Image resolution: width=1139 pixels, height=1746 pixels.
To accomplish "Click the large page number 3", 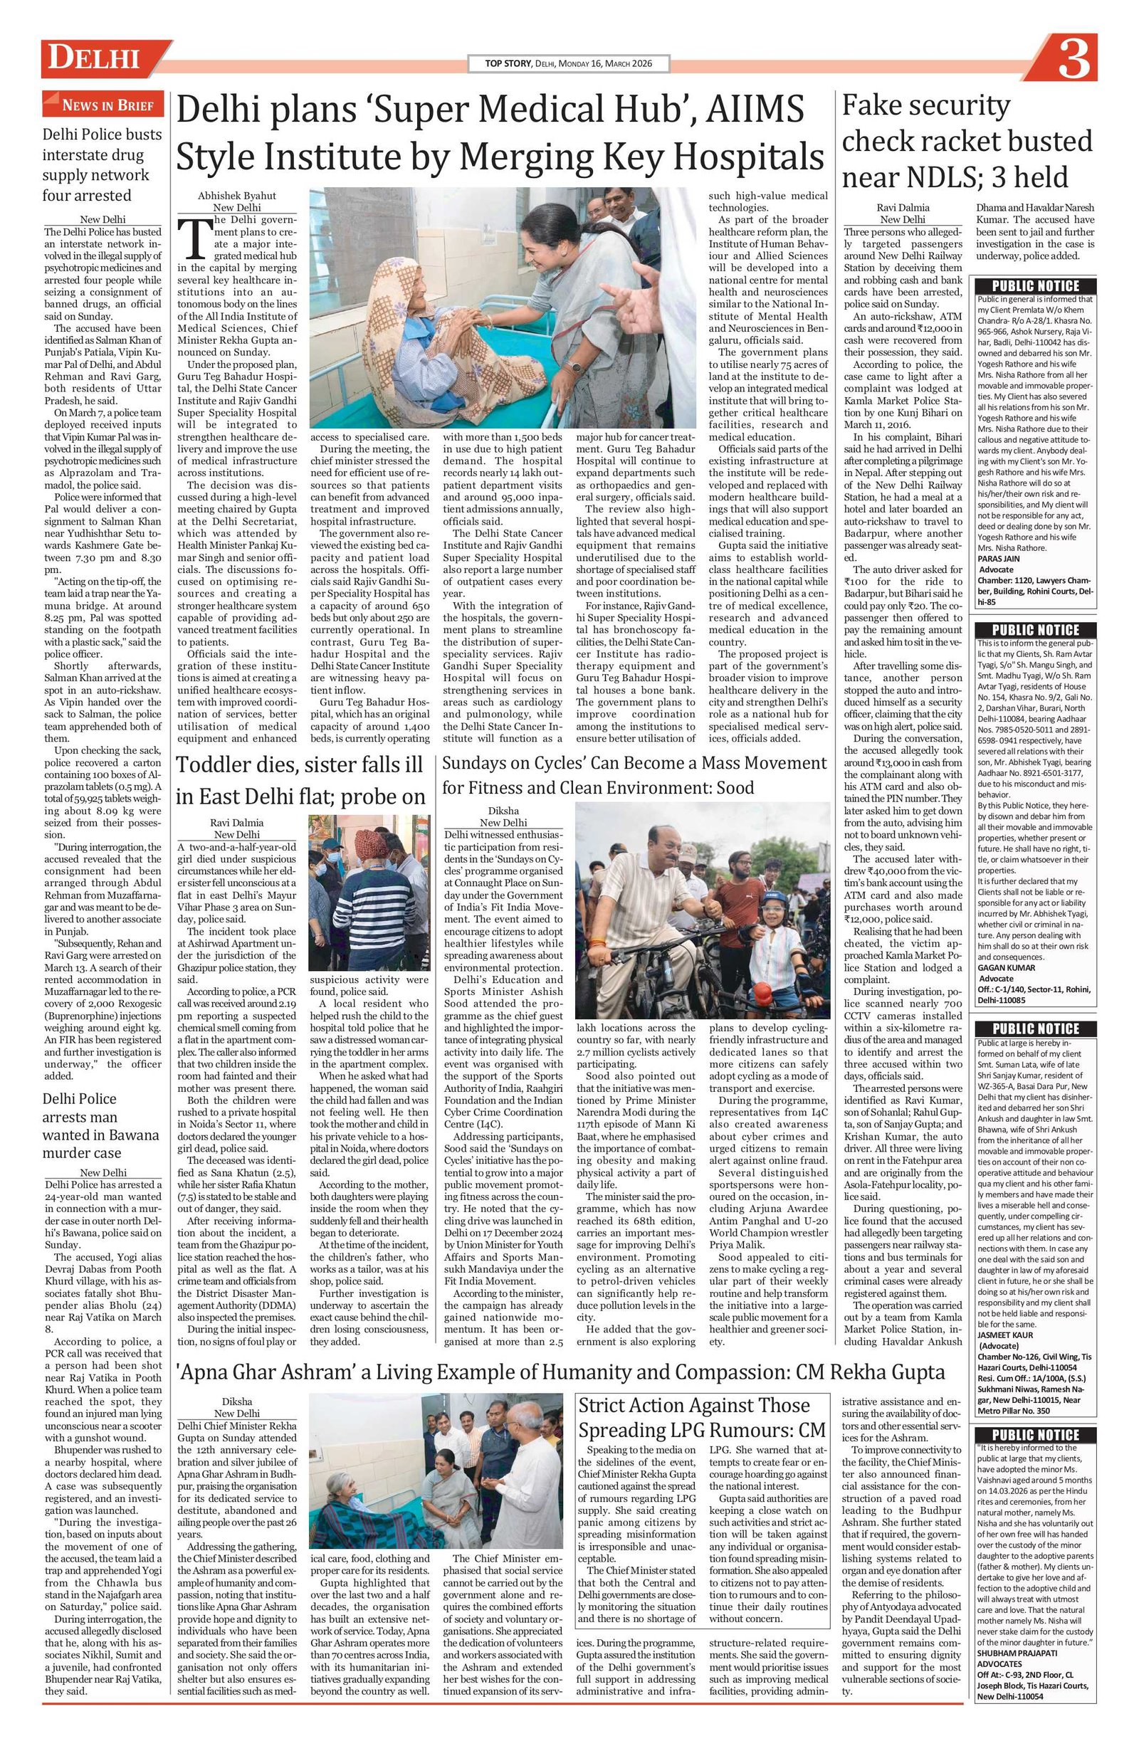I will pos(1073,61).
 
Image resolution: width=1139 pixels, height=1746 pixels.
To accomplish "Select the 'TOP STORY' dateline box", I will pos(568,64).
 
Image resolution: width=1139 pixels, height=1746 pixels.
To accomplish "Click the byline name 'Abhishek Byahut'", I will pos(227,196).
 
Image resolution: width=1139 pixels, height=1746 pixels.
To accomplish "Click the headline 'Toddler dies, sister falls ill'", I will pos(300,764).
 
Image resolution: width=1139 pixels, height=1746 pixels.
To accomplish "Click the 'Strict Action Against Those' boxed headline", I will pos(693,1406).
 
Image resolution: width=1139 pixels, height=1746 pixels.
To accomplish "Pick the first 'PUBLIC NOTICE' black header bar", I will pos(1035,286).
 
